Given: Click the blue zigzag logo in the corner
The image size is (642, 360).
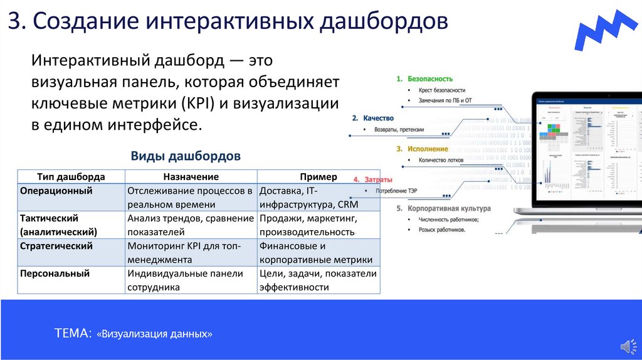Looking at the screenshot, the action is pyautogui.click(x=607, y=29).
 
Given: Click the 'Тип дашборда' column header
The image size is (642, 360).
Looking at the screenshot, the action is pyautogui.click(x=71, y=177).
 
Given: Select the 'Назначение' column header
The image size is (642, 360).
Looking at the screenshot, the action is pyautogui.click(x=191, y=177).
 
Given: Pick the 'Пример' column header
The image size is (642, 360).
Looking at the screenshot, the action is pyautogui.click(x=318, y=177).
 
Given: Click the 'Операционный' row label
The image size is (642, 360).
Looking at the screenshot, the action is pyautogui.click(x=56, y=191).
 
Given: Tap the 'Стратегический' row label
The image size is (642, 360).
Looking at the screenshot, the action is pyautogui.click(x=56, y=246).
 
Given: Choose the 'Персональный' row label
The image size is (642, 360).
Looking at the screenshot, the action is pyautogui.click(x=55, y=273).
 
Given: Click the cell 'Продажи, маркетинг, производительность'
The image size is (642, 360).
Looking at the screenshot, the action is pyautogui.click(x=308, y=225).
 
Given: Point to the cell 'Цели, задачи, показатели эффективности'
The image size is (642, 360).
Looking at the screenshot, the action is pyautogui.click(x=317, y=280).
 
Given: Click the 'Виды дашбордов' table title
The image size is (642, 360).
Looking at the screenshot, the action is pyautogui.click(x=186, y=156).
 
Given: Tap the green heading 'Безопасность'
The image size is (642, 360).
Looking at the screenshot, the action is pyautogui.click(x=430, y=79).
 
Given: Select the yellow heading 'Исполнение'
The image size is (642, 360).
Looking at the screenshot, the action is pyautogui.click(x=427, y=149).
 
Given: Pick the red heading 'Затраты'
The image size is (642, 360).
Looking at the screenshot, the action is pyautogui.click(x=379, y=179).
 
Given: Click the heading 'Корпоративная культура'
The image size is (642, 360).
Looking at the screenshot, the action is pyautogui.click(x=449, y=208).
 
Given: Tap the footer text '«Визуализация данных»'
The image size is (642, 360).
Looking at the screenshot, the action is pyautogui.click(x=155, y=334).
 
